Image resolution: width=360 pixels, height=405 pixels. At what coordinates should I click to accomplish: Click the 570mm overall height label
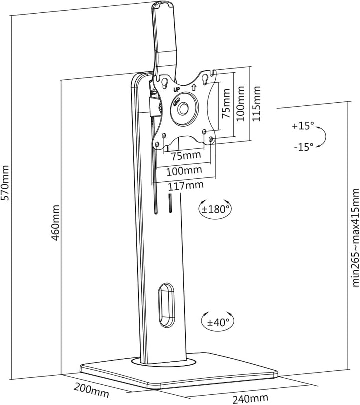(5, 182)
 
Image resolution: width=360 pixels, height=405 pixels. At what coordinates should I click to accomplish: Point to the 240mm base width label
(250, 398)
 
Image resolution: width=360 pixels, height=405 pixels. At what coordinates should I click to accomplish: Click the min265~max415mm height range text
(356, 237)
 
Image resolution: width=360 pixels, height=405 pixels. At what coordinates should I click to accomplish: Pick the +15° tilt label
(303, 126)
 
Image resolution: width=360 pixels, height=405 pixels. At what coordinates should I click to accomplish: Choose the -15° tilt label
(303, 147)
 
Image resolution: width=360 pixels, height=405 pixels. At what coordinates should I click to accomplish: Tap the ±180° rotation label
(215, 209)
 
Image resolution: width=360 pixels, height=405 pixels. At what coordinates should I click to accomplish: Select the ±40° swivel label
(218, 322)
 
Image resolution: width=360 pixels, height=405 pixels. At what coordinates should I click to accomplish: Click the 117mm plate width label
(186, 185)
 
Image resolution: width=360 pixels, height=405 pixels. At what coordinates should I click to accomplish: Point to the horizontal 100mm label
(184, 170)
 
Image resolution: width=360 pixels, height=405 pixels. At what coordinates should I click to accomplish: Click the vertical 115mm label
(256, 104)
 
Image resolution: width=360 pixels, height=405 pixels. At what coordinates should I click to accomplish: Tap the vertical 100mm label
(240, 104)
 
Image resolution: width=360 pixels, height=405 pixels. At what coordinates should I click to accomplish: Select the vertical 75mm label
(226, 103)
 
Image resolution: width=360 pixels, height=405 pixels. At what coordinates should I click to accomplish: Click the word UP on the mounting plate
(176, 90)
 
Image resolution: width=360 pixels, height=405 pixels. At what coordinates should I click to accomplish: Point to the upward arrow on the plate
(194, 87)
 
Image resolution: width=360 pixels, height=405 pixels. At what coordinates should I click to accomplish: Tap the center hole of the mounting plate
(184, 108)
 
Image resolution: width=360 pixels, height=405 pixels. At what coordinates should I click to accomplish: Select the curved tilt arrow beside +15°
(324, 137)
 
